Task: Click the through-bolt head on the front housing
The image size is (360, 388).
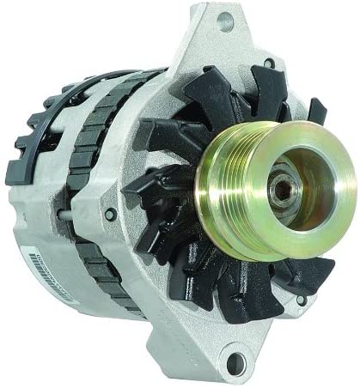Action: [110, 215]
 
